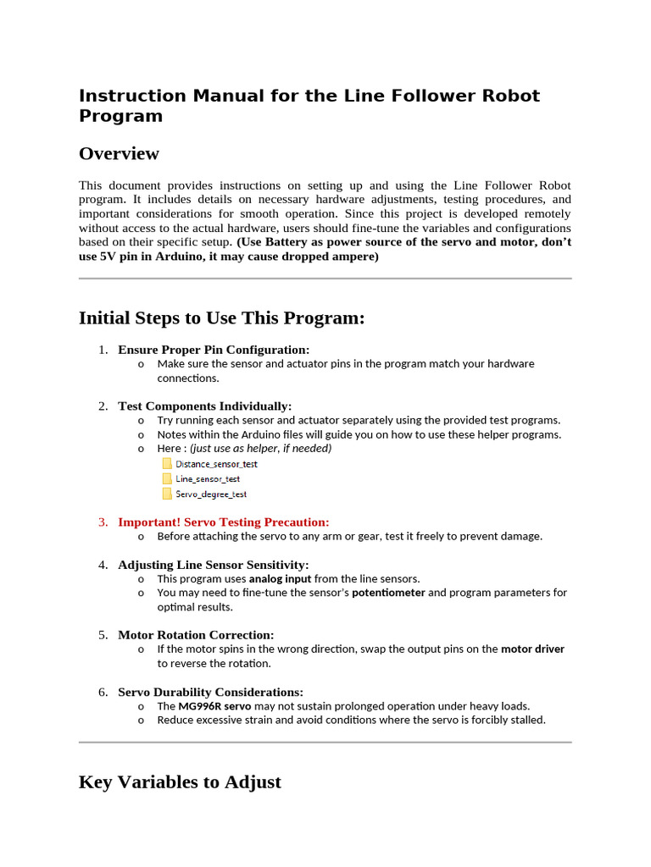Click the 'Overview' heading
(119, 153)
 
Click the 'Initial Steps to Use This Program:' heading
(221, 318)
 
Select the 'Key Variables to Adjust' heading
(180, 781)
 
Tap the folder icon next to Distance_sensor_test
(166, 464)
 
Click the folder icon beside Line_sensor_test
(166, 478)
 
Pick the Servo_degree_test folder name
(211, 494)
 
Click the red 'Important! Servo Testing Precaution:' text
(223, 522)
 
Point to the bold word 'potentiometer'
(388, 593)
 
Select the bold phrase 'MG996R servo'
(214, 705)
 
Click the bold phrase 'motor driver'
(532, 649)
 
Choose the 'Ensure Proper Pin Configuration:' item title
(214, 350)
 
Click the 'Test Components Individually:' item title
(204, 406)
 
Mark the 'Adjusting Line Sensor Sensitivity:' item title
(213, 565)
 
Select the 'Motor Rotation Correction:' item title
(195, 635)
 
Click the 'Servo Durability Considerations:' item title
(210, 692)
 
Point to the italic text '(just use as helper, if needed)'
(260, 448)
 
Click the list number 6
(102, 692)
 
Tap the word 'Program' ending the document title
(120, 116)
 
